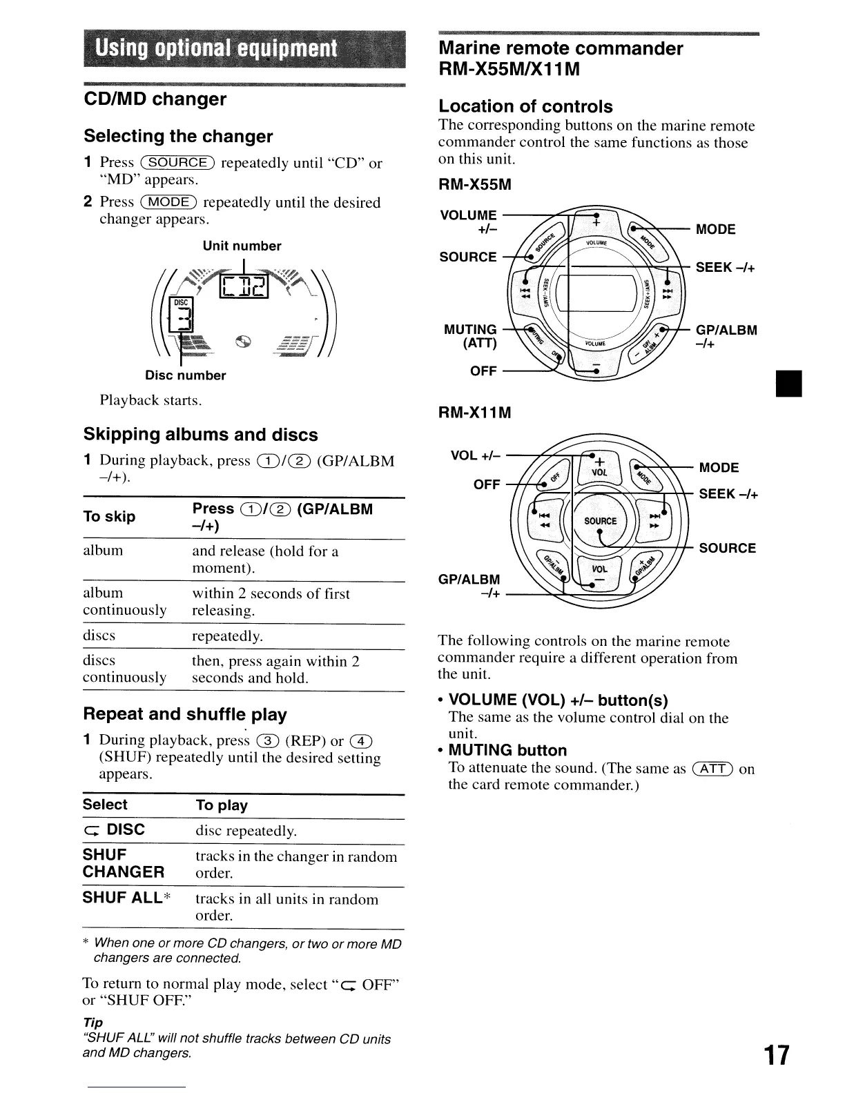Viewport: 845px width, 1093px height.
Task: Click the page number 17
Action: pyautogui.click(x=776, y=1055)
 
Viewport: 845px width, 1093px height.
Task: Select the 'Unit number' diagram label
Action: pyautogui.click(x=242, y=246)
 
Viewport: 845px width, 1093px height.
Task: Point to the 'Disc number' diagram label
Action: pyautogui.click(x=186, y=375)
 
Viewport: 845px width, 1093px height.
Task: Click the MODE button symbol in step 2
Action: pyautogui.click(x=168, y=202)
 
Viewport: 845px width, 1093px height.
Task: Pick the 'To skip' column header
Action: pyautogui.click(x=109, y=517)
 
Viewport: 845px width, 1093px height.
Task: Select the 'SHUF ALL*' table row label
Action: pyautogui.click(x=127, y=898)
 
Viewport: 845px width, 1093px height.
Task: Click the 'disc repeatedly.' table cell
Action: pyautogui.click(x=246, y=831)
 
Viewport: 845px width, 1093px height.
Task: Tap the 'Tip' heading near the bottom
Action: pyautogui.click(x=93, y=1022)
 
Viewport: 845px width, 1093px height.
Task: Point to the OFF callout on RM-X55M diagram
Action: pyautogui.click(x=483, y=371)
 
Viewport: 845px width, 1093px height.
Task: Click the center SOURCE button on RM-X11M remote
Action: pyautogui.click(x=600, y=521)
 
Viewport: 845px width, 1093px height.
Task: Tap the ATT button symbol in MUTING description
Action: pyautogui.click(x=712, y=769)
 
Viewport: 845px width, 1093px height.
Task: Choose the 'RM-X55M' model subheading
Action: pyautogui.click(x=476, y=185)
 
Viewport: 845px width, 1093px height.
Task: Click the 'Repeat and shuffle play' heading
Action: pyautogui.click(x=185, y=714)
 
